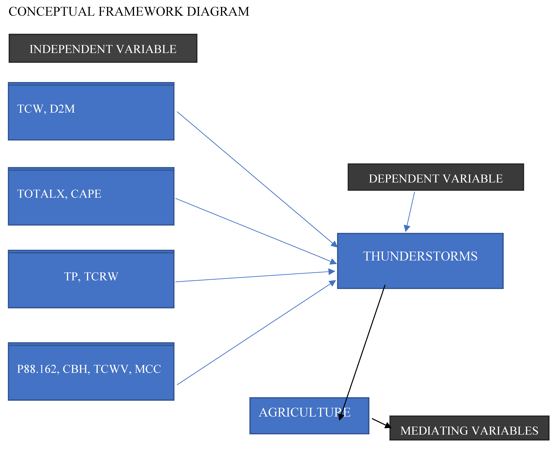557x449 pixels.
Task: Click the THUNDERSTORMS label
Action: (420, 256)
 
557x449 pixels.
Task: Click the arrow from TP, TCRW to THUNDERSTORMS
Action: (255, 276)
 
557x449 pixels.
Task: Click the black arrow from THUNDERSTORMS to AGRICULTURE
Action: (362, 352)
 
